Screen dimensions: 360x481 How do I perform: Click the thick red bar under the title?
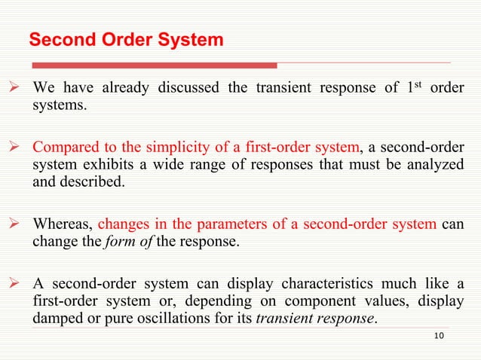click(151, 65)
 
